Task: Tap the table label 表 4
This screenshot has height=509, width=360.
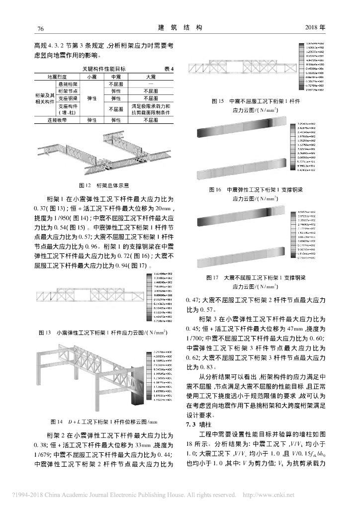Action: (x=169, y=69)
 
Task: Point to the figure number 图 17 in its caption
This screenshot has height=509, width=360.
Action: (x=215, y=278)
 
